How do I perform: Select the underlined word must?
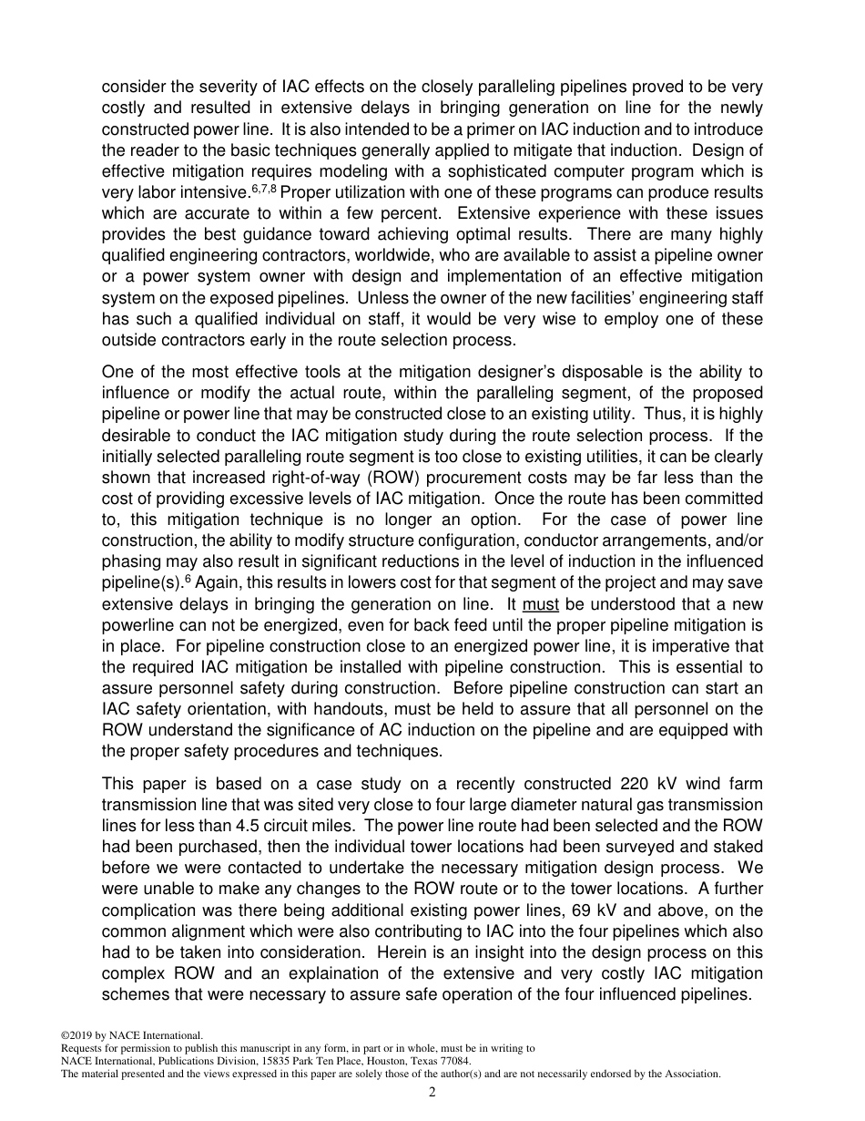point(542,604)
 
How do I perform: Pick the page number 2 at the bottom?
point(432,1093)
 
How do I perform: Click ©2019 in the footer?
point(76,1035)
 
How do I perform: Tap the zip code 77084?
point(453,1061)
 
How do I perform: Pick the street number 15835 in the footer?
point(244,1061)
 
